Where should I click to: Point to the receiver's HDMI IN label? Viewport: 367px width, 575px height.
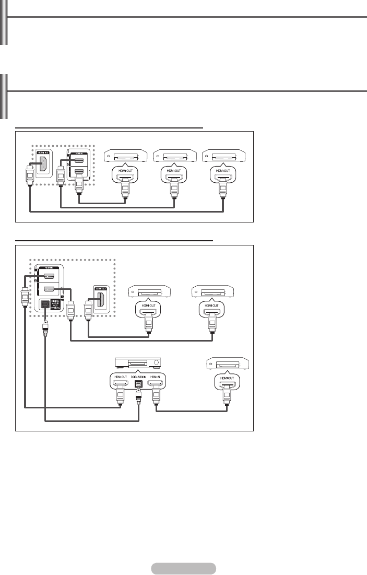(x=156, y=376)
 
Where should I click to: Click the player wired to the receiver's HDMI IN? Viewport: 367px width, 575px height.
(x=227, y=363)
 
